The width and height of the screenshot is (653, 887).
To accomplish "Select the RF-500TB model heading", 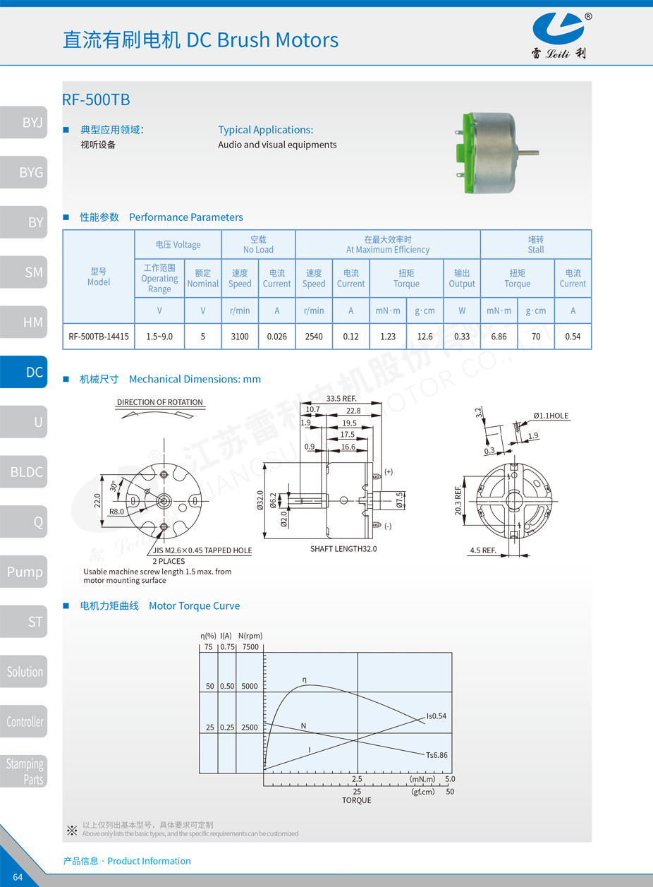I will pyautogui.click(x=96, y=99).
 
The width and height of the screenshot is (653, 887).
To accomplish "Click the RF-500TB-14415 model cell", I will pyautogui.click(x=99, y=337).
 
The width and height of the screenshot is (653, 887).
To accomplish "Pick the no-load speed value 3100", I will pyautogui.click(x=240, y=337).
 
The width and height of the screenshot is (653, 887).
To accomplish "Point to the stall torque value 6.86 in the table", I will pyautogui.click(x=499, y=337).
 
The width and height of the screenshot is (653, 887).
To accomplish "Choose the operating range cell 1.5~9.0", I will pyautogui.click(x=159, y=337).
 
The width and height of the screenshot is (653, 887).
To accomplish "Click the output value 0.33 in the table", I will pyautogui.click(x=462, y=337).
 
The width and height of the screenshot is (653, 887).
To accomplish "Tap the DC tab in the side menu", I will pyautogui.click(x=24, y=372).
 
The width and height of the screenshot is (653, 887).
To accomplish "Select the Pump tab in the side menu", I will pyautogui.click(x=24, y=572).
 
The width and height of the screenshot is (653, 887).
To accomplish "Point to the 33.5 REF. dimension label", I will pyautogui.click(x=342, y=399).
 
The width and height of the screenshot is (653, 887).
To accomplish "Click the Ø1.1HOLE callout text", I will pyautogui.click(x=551, y=416).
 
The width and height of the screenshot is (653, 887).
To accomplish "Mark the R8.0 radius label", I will pyautogui.click(x=116, y=512).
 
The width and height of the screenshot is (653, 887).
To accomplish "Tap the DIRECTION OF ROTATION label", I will pyautogui.click(x=160, y=402).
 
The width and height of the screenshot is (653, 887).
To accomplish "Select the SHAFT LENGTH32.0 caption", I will pyautogui.click(x=343, y=548).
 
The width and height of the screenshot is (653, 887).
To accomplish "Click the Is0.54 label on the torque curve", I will pyautogui.click(x=437, y=716).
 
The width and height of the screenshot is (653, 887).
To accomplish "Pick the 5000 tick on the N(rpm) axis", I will pyautogui.click(x=249, y=686).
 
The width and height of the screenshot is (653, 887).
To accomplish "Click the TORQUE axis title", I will pyautogui.click(x=357, y=800).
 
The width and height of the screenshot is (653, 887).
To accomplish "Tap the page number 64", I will pyautogui.click(x=18, y=877).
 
